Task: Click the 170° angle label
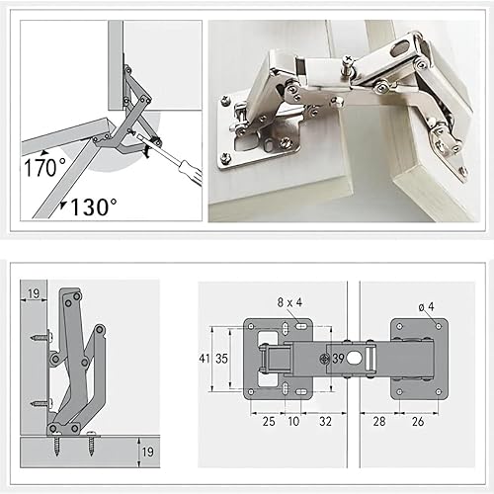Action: [45, 167]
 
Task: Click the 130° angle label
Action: [93, 206]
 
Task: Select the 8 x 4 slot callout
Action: [289, 302]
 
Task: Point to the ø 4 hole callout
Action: [427, 307]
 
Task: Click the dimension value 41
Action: [205, 359]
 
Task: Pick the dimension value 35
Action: [221, 359]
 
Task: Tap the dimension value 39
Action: [338, 359]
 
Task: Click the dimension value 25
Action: [269, 421]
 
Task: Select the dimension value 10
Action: [293, 421]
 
